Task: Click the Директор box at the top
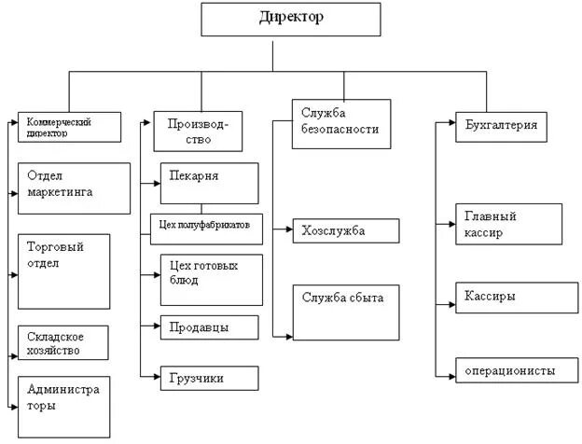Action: point(291,20)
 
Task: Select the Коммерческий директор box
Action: point(70,126)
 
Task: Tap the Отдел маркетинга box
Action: point(74,187)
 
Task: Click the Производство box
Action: point(203,131)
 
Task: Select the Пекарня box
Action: point(210,183)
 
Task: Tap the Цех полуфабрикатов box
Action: point(207,225)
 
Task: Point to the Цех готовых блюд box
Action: point(210,279)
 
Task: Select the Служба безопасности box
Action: point(339,122)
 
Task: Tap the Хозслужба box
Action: point(346,230)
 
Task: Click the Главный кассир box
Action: point(509,224)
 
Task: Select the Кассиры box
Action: point(509,297)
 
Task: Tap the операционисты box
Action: point(509,371)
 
